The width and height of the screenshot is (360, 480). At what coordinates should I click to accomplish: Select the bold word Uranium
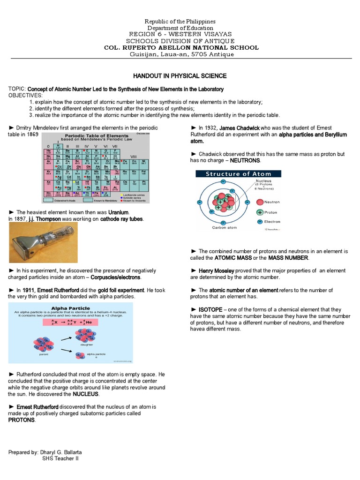click(x=118, y=212)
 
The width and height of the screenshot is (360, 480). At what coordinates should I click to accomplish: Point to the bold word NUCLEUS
click(x=85, y=394)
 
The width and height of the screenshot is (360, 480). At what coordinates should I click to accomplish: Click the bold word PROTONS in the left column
click(x=22, y=420)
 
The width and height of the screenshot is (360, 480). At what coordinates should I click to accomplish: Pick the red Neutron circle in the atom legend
click(x=260, y=202)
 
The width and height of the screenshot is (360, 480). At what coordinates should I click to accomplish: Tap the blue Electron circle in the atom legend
click(x=260, y=222)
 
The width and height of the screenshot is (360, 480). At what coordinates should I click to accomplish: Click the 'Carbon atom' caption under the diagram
click(x=226, y=227)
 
